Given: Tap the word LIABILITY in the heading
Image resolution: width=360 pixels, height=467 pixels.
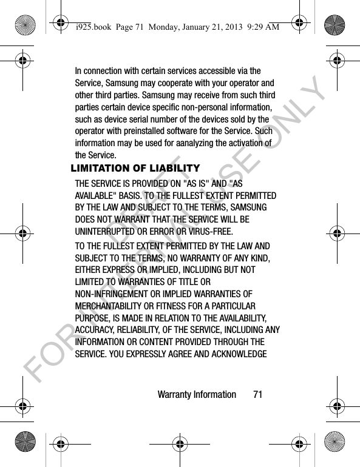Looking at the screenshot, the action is click(177, 169).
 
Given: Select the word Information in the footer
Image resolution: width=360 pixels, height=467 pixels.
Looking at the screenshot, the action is click(212, 395).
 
